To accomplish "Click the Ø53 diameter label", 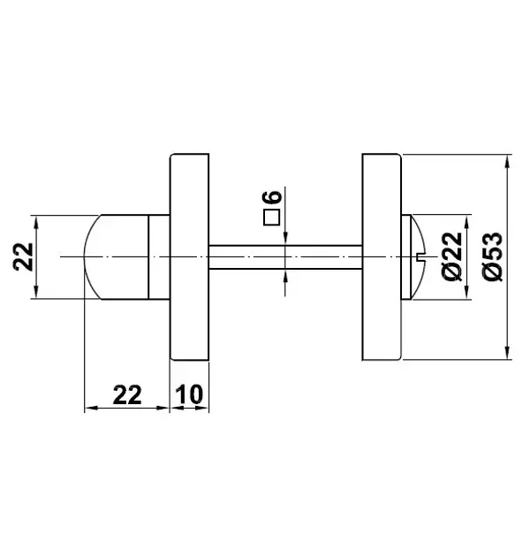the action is click(x=493, y=257).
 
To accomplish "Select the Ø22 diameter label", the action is click(x=452, y=257).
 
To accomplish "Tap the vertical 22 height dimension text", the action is click(x=23, y=257).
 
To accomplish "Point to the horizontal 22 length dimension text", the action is click(x=127, y=394).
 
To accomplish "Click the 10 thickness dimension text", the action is click(x=189, y=394).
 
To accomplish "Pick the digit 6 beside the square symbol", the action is click(x=272, y=197).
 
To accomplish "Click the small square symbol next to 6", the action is click(x=272, y=218).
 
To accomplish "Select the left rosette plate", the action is click(x=190, y=257).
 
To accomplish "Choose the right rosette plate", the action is click(x=382, y=257).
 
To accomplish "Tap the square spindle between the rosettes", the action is click(x=285, y=257).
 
